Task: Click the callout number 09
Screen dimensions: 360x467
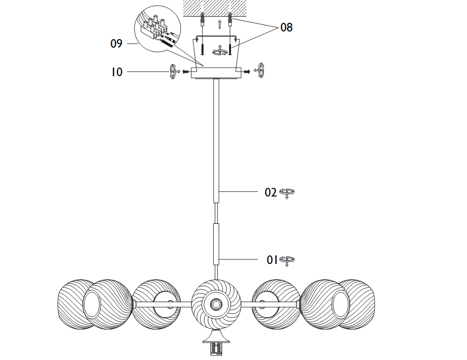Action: pyautogui.click(x=116, y=44)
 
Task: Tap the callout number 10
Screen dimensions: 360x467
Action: pyautogui.click(x=117, y=72)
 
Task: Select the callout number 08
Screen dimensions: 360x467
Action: pyautogui.click(x=286, y=27)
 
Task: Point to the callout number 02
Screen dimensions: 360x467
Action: pyautogui.click(x=271, y=192)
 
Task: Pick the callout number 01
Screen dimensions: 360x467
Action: pyautogui.click(x=273, y=260)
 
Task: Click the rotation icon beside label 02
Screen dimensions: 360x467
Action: pyautogui.click(x=287, y=193)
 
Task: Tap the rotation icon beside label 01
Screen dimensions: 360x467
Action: pyautogui.click(x=288, y=260)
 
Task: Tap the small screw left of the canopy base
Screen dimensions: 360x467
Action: pyautogui.click(x=186, y=72)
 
